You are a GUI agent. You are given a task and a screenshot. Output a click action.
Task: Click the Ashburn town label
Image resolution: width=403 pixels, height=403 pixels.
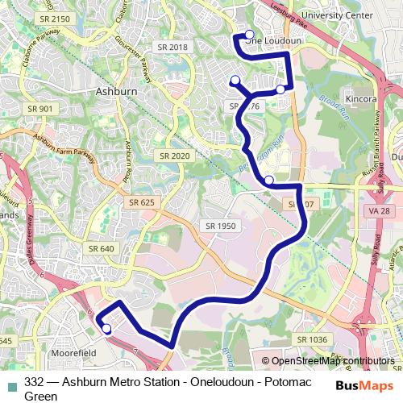(116, 92)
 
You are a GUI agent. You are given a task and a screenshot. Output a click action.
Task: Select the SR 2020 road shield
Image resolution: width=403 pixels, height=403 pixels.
(174, 156)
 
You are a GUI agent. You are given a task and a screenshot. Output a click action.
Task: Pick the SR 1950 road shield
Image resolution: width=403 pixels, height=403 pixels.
(220, 226)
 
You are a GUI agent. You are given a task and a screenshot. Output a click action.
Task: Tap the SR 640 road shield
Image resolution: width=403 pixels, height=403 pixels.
(101, 248)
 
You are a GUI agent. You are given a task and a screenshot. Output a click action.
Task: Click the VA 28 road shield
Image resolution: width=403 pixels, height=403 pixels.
(371, 210)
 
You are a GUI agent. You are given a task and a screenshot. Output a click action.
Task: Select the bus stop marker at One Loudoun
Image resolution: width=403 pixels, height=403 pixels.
(249, 35)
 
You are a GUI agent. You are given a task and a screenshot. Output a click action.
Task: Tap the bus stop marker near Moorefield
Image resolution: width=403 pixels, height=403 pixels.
(106, 328)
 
